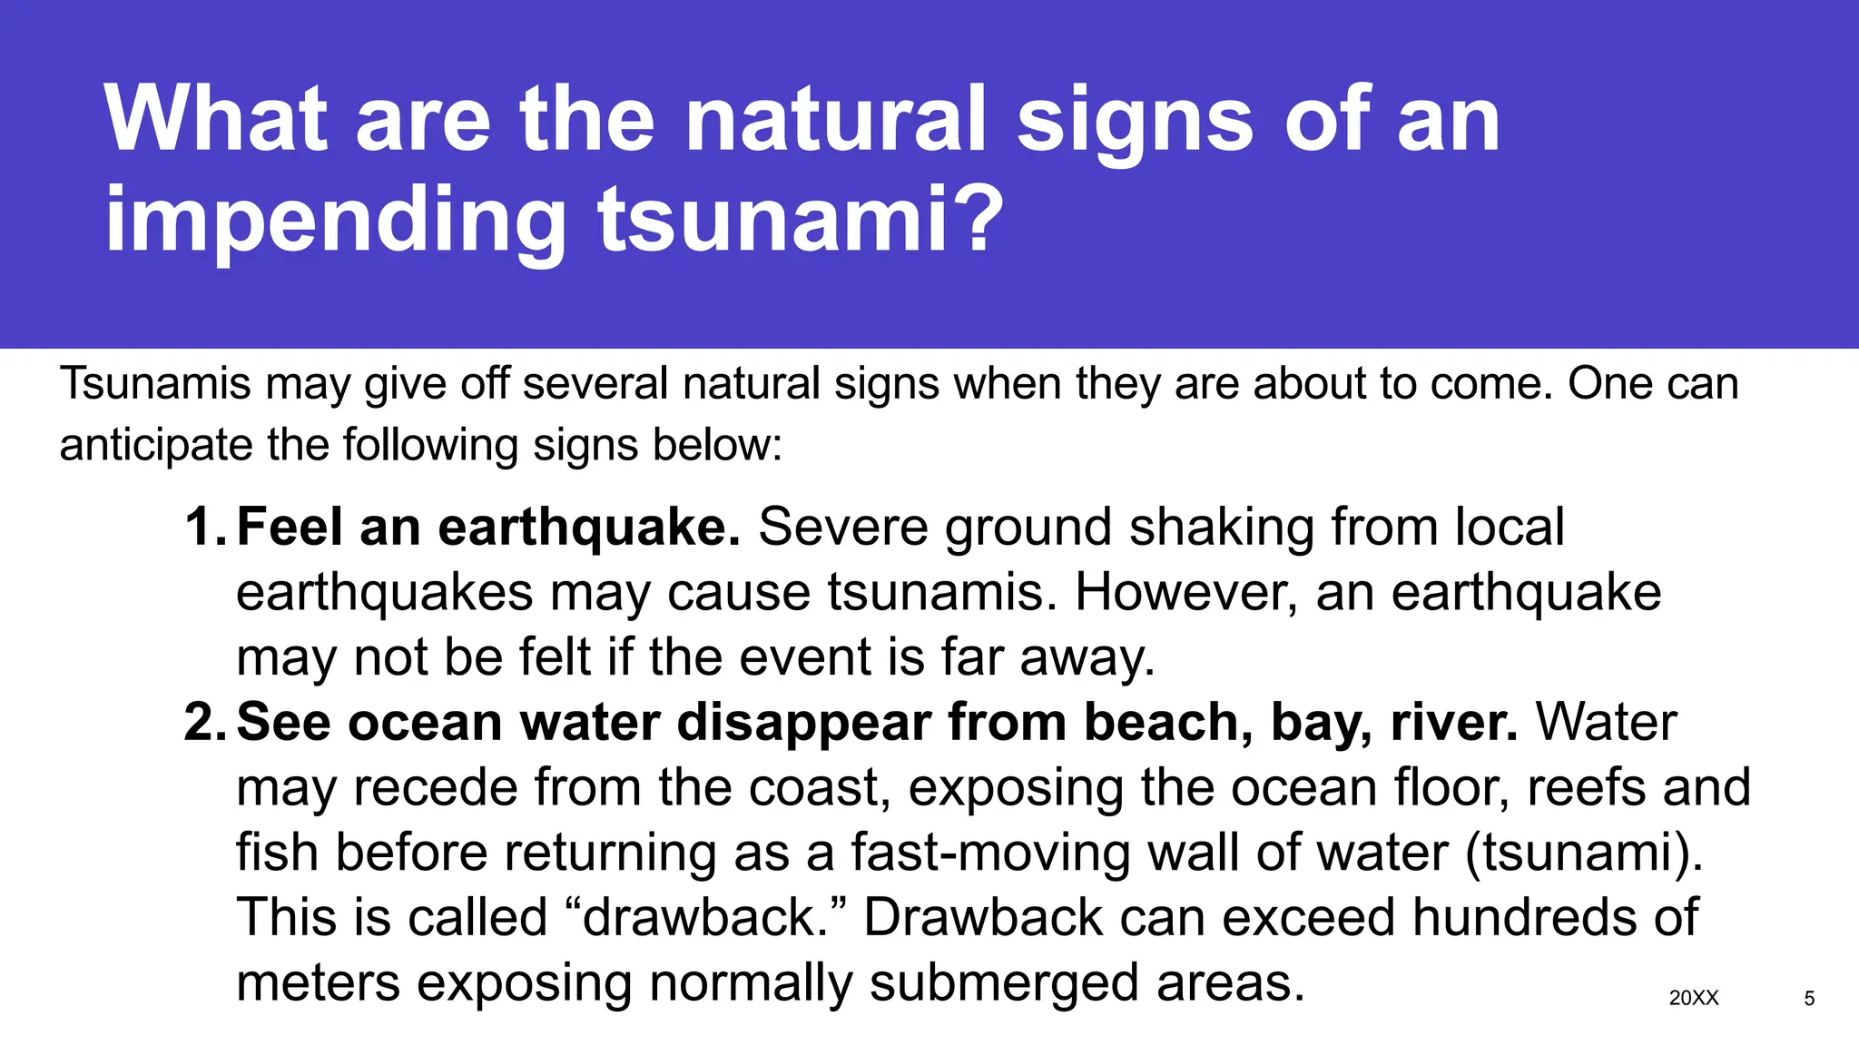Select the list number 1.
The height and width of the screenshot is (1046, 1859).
[x=203, y=527]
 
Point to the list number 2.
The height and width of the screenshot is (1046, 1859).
[x=203, y=723]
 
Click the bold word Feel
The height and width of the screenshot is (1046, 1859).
[x=290, y=527]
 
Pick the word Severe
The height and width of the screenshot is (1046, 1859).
[x=844, y=527]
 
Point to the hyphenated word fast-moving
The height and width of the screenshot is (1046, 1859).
[x=989, y=853]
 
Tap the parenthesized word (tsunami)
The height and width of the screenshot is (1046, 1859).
[x=1584, y=853]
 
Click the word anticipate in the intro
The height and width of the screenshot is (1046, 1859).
[x=154, y=446]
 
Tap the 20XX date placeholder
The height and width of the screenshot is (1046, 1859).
[x=1694, y=998]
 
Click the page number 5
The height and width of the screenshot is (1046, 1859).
[x=1809, y=999]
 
